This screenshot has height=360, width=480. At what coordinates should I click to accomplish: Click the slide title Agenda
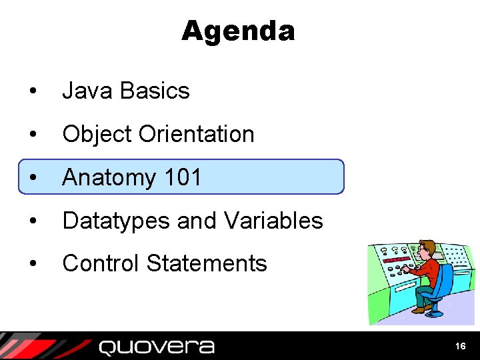click(237, 31)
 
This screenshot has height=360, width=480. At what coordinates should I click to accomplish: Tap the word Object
click(97, 134)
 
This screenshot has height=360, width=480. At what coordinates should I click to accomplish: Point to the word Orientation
click(196, 134)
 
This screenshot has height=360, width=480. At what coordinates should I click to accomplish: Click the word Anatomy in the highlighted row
click(108, 177)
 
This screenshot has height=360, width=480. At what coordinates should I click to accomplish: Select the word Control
click(101, 263)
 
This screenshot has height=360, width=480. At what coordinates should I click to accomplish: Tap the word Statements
click(207, 263)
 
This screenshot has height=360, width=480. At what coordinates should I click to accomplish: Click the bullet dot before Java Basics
click(33, 91)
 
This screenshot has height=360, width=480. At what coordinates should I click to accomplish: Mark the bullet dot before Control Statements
click(33, 264)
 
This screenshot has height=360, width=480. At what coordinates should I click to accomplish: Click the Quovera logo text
click(157, 347)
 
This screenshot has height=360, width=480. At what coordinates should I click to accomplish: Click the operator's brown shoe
click(418, 309)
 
